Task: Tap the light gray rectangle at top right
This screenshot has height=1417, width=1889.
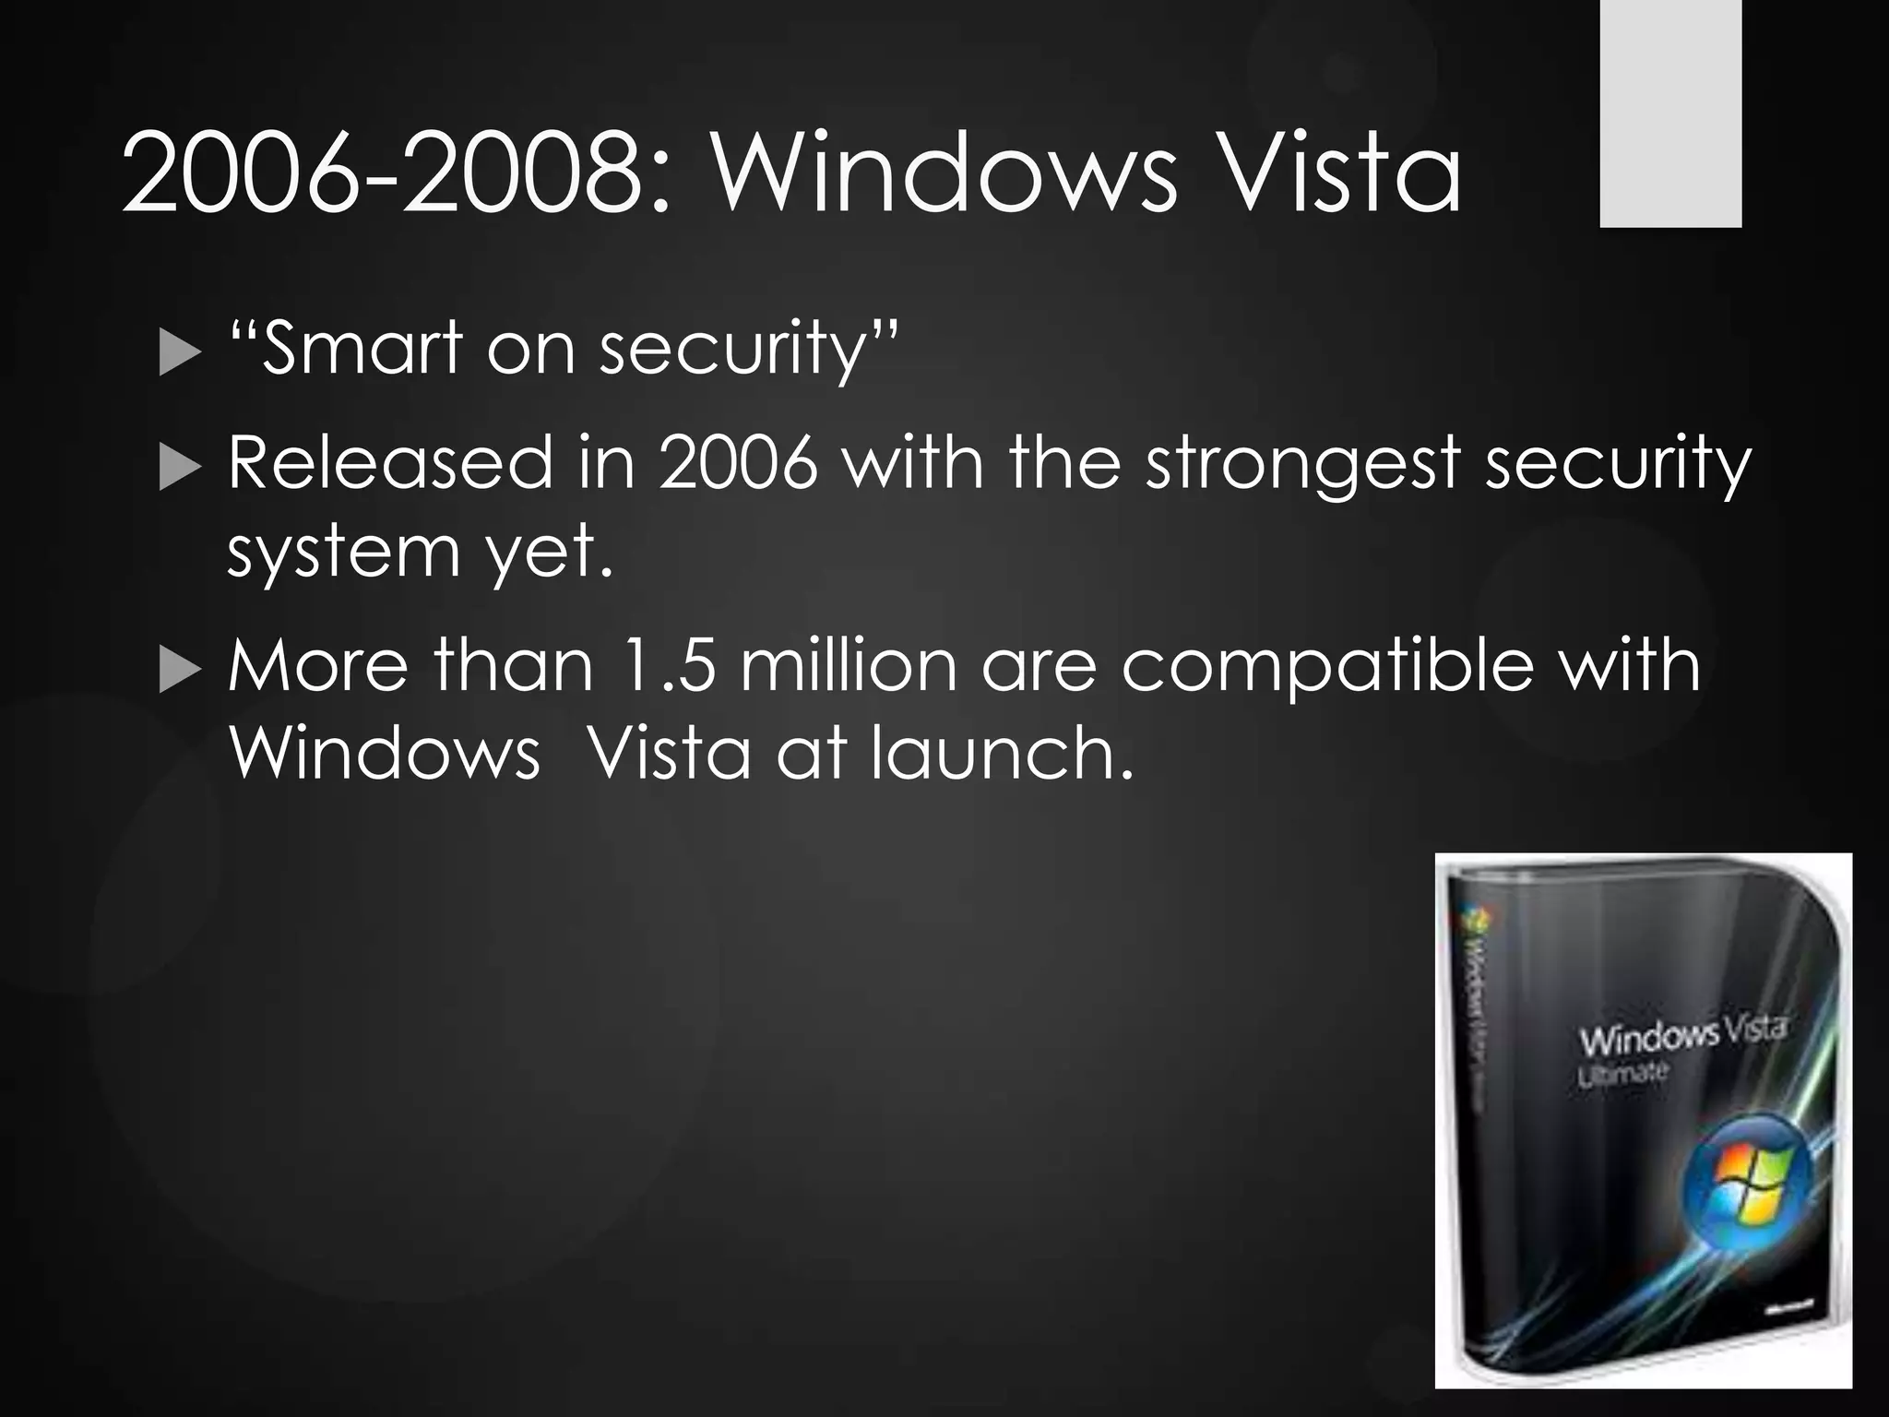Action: [1670, 113]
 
